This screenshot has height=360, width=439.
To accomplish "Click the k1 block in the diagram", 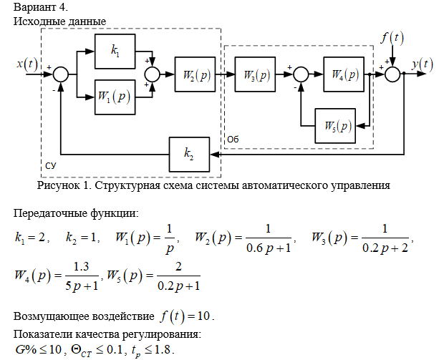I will pyautogui.click(x=115, y=51).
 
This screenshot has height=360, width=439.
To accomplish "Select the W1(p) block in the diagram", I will pyautogui.click(x=115, y=95).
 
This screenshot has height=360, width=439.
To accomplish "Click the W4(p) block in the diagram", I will pyautogui.click(x=344, y=73).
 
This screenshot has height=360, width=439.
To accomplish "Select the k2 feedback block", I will pyautogui.click(x=188, y=152).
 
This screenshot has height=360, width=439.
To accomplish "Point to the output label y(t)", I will pyautogui.click(x=422, y=64).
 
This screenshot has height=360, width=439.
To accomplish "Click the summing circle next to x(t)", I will pyautogui.click(x=61, y=73).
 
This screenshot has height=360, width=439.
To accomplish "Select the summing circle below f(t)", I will pyautogui.click(x=392, y=73).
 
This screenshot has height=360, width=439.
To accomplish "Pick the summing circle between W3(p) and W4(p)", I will pyautogui.click(x=301, y=73).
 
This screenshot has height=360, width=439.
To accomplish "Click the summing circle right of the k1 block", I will pyautogui.click(x=152, y=73).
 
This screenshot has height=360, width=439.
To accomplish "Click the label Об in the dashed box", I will pyautogui.click(x=232, y=137).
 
